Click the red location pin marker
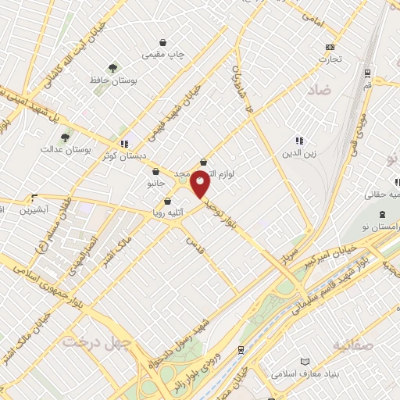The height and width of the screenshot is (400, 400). [x=201, y=183]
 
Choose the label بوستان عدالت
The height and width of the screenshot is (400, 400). [x=62, y=148]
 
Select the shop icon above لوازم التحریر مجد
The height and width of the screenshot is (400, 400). [x=203, y=161]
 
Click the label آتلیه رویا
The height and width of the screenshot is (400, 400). [x=167, y=212]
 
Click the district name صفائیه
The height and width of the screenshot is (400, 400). [x=352, y=345]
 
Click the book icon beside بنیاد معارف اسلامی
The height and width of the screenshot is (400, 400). [x=305, y=362]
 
